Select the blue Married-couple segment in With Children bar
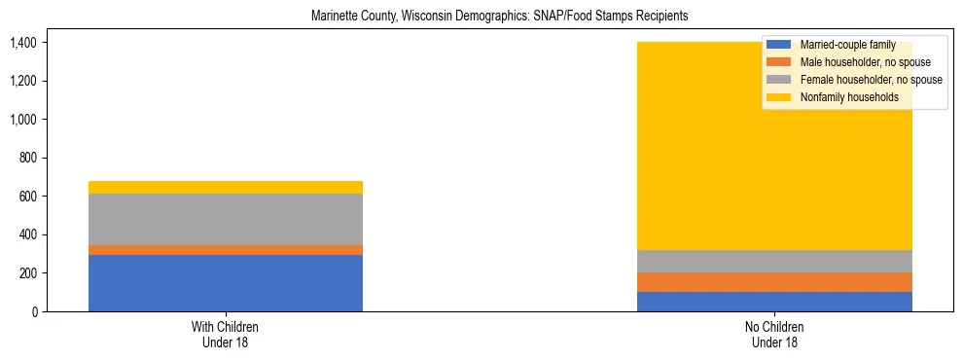226,283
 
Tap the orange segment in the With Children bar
226,250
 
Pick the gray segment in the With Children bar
226,219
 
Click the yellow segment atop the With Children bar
226,187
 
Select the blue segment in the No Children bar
774,302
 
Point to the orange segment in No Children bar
774,282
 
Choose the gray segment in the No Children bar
774,261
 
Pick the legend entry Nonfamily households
847,97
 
